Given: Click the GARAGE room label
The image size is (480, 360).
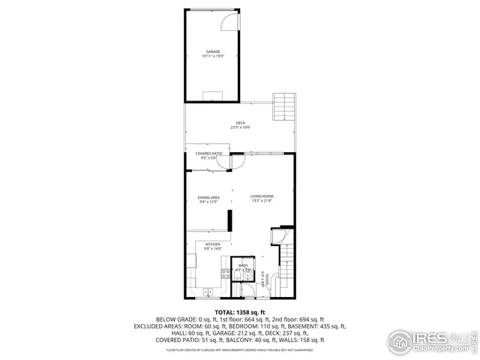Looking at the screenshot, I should [x=214, y=52].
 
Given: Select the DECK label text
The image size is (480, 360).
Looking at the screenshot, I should [x=240, y=123].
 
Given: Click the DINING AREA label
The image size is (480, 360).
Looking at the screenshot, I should [x=208, y=197].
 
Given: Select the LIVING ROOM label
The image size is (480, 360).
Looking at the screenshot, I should [x=262, y=196].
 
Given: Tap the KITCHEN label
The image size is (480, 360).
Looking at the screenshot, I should [x=212, y=244].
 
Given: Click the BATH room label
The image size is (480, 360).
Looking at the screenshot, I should [x=243, y=265].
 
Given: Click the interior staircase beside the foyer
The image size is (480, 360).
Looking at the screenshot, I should [x=286, y=265].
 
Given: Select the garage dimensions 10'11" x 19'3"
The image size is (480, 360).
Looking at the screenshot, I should [x=214, y=57].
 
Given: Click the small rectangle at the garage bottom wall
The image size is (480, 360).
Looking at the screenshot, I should [x=213, y=94].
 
